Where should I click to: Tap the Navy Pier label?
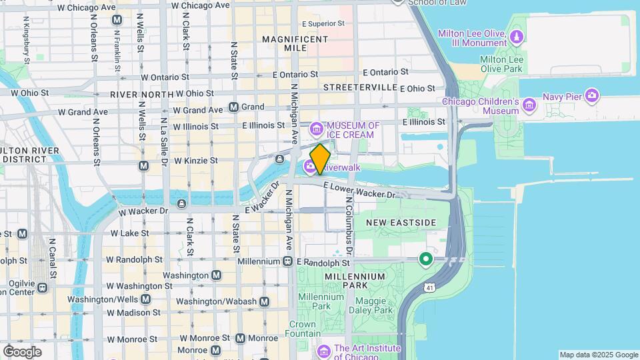(562, 96)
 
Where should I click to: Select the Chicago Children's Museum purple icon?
(529, 105)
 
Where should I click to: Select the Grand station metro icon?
(233, 107)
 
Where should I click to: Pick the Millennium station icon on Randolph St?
(287, 261)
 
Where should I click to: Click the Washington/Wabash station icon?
(265, 301)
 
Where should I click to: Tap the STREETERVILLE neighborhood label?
(359, 88)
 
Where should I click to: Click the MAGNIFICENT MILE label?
(294, 43)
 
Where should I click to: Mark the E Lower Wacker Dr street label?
(359, 190)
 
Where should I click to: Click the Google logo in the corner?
(22, 351)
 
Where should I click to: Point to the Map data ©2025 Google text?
(598, 355)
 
